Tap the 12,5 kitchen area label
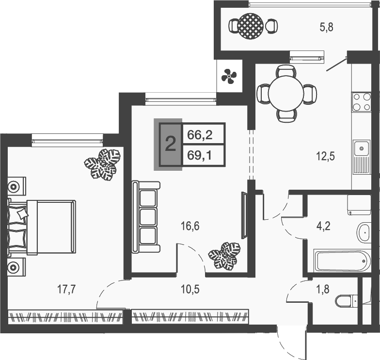pos(325,156)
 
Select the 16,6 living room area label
pos(190,225)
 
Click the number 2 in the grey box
pos(170,144)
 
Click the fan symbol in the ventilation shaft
pos(229,76)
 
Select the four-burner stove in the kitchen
pos(361,102)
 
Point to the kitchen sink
pos(361,148)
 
